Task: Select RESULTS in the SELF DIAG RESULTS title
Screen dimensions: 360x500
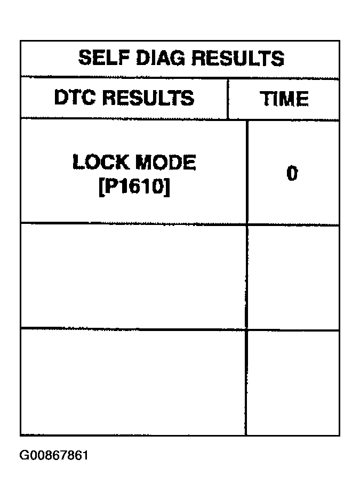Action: pos(238,58)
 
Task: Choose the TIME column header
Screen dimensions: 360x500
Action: pos(284,98)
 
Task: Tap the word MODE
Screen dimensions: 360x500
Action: pos(166,162)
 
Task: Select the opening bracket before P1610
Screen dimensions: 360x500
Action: pos(101,187)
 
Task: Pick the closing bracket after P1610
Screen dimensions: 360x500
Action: pos(167,187)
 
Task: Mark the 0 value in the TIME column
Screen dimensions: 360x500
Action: pos(292,173)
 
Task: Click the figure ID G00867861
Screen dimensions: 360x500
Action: pos(54,455)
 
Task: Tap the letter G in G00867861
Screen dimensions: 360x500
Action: pos(24,455)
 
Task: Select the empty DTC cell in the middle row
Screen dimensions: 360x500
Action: pos(133,276)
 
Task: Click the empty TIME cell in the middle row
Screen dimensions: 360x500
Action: pos(293,277)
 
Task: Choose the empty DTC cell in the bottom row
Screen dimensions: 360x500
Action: pos(133,382)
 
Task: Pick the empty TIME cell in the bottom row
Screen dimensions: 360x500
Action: pos(293,383)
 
